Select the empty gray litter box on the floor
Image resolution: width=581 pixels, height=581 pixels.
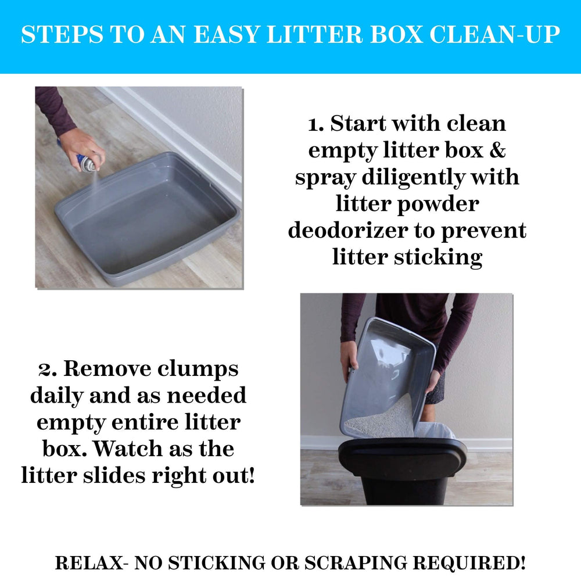(x=148, y=221)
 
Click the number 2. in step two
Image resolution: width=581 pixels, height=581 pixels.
(x=48, y=369)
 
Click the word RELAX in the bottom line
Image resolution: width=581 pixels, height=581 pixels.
(x=89, y=563)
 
